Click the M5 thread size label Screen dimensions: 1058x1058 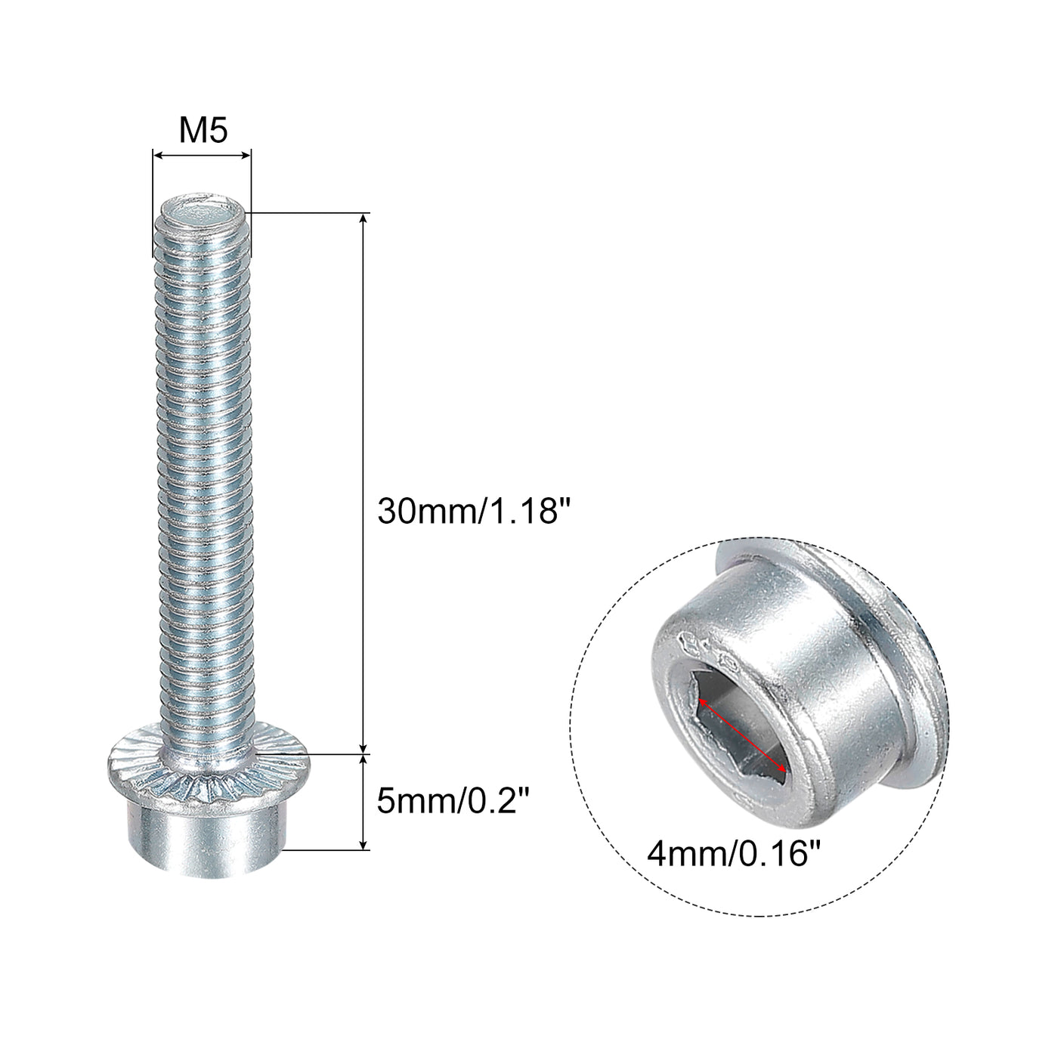tap(203, 131)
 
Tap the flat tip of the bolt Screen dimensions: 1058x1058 tap(203, 212)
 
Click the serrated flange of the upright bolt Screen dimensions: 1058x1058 tap(208, 784)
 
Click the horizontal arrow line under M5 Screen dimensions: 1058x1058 tap(202, 156)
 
